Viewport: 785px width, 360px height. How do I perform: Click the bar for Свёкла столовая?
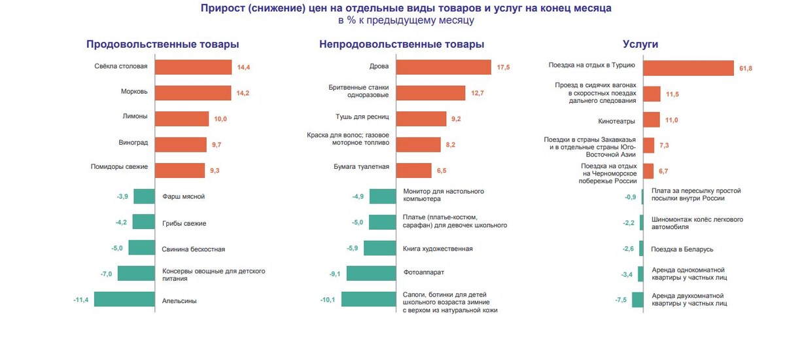(x=193, y=67)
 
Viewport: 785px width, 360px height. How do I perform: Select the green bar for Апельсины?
(x=124, y=300)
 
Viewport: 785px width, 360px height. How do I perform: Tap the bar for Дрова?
(x=444, y=67)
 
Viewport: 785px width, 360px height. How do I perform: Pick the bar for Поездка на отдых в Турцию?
(x=688, y=67)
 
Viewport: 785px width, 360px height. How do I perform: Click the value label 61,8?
(x=746, y=68)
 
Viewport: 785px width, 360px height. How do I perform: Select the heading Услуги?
(x=640, y=45)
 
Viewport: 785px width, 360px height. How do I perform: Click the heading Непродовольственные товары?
(x=402, y=45)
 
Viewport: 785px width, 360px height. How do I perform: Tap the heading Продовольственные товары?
(x=162, y=45)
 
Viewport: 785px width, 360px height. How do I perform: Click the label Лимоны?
(x=135, y=117)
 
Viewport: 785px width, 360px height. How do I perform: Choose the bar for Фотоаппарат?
(x=371, y=274)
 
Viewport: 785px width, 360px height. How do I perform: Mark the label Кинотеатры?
(x=616, y=120)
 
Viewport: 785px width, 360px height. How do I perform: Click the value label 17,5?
(x=503, y=67)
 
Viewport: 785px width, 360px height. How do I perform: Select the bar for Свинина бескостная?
(x=141, y=248)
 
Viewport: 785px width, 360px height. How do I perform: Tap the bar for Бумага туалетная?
(x=414, y=170)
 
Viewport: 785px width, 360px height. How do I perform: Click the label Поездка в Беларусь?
(x=682, y=249)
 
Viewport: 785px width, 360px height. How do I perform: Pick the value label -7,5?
(x=621, y=300)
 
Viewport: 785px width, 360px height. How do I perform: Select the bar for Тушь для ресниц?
(x=421, y=118)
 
